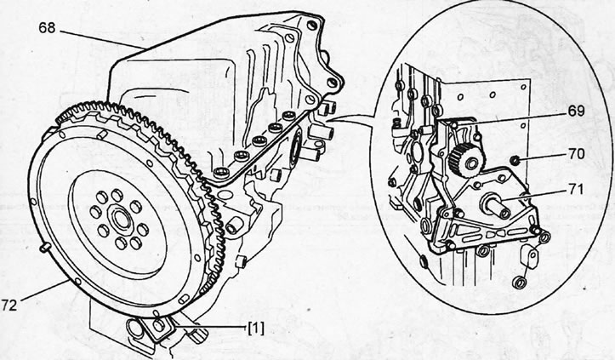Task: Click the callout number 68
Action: (47, 28)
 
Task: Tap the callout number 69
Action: (576, 111)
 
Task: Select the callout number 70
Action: (575, 153)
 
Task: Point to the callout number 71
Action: (575, 190)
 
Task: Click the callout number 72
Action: (9, 305)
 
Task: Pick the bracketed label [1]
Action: (256, 329)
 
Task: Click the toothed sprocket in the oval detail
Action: (466, 160)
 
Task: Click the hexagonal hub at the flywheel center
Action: (122, 219)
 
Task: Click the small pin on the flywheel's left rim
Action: (45, 247)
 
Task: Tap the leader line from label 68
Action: (103, 39)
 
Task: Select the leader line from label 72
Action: (45, 290)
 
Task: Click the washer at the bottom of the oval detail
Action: (520, 283)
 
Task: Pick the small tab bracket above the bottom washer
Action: (530, 256)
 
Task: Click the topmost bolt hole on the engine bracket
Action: (312, 26)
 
